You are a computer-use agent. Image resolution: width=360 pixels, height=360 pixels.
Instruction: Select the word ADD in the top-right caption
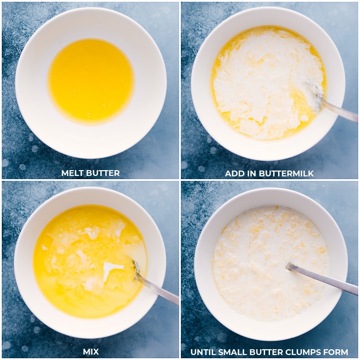[234, 173]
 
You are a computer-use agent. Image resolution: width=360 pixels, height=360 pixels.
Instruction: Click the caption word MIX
[90, 351]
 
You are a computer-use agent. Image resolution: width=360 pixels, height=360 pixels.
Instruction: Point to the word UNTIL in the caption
[203, 352]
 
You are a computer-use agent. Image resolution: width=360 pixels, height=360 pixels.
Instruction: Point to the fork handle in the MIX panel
[160, 290]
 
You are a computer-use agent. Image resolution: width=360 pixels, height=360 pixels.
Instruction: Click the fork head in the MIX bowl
[137, 270]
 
